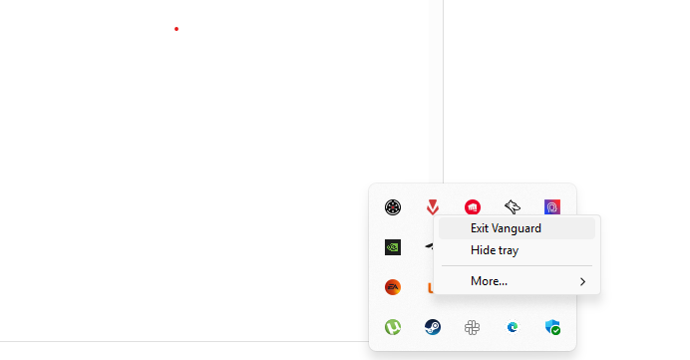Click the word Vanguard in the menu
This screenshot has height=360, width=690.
tap(517, 228)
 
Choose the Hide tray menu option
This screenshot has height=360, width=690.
tap(495, 250)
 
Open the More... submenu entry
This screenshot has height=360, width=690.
tap(489, 281)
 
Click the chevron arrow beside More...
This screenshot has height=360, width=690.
tap(582, 282)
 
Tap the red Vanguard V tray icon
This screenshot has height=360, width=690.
tap(433, 207)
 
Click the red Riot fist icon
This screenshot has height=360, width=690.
tap(473, 207)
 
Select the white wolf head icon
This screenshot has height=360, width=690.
tap(513, 207)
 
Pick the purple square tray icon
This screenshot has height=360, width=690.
tap(552, 207)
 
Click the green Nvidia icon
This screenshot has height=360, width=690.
tap(393, 247)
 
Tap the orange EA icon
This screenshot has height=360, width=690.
tap(393, 287)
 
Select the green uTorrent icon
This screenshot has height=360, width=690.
tap(393, 327)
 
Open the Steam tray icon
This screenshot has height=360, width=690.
tap(433, 327)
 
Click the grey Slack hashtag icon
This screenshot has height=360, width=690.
tap(473, 327)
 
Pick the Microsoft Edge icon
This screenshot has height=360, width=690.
tap(513, 327)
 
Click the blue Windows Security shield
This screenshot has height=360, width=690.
tap(551, 326)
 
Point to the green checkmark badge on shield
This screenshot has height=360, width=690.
tap(556, 331)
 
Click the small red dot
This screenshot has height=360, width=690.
tap(176, 29)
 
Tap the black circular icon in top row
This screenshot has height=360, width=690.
tap(393, 207)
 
